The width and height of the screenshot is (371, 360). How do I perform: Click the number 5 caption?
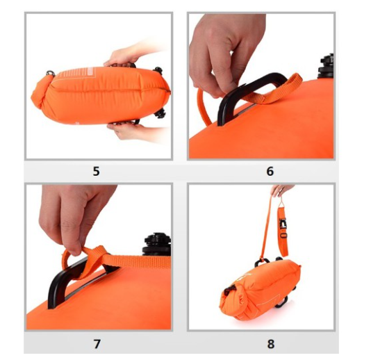pos(96,171)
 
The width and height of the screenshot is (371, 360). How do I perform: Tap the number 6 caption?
pos(270,171)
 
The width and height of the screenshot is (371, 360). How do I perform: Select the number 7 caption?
pos(97,344)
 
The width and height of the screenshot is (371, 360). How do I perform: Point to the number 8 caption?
pos(271,344)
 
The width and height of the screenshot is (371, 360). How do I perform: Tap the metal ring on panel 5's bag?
pos(50,73)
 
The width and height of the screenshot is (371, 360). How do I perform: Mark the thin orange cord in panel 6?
pos(201,106)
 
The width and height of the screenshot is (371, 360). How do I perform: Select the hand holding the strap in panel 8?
pos(281,190)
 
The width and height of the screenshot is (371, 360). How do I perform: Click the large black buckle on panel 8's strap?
pos(283,224)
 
